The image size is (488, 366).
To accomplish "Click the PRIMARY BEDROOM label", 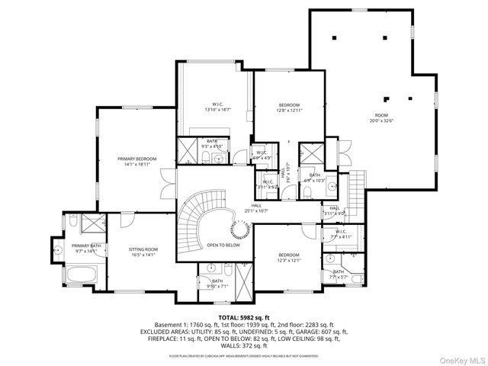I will coord(136,161).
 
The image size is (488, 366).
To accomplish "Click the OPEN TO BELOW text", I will coord(223,245).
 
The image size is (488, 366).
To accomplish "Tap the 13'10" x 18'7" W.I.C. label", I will coord(217,108).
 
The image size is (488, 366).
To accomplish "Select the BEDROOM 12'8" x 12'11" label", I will coord(289,108).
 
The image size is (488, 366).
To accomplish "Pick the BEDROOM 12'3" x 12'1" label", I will coord(289,258).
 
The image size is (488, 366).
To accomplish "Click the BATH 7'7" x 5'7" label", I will coord(338,274).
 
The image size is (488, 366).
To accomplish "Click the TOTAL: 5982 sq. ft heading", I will coord(244,317).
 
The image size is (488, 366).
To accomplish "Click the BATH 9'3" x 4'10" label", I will coord(211,144).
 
